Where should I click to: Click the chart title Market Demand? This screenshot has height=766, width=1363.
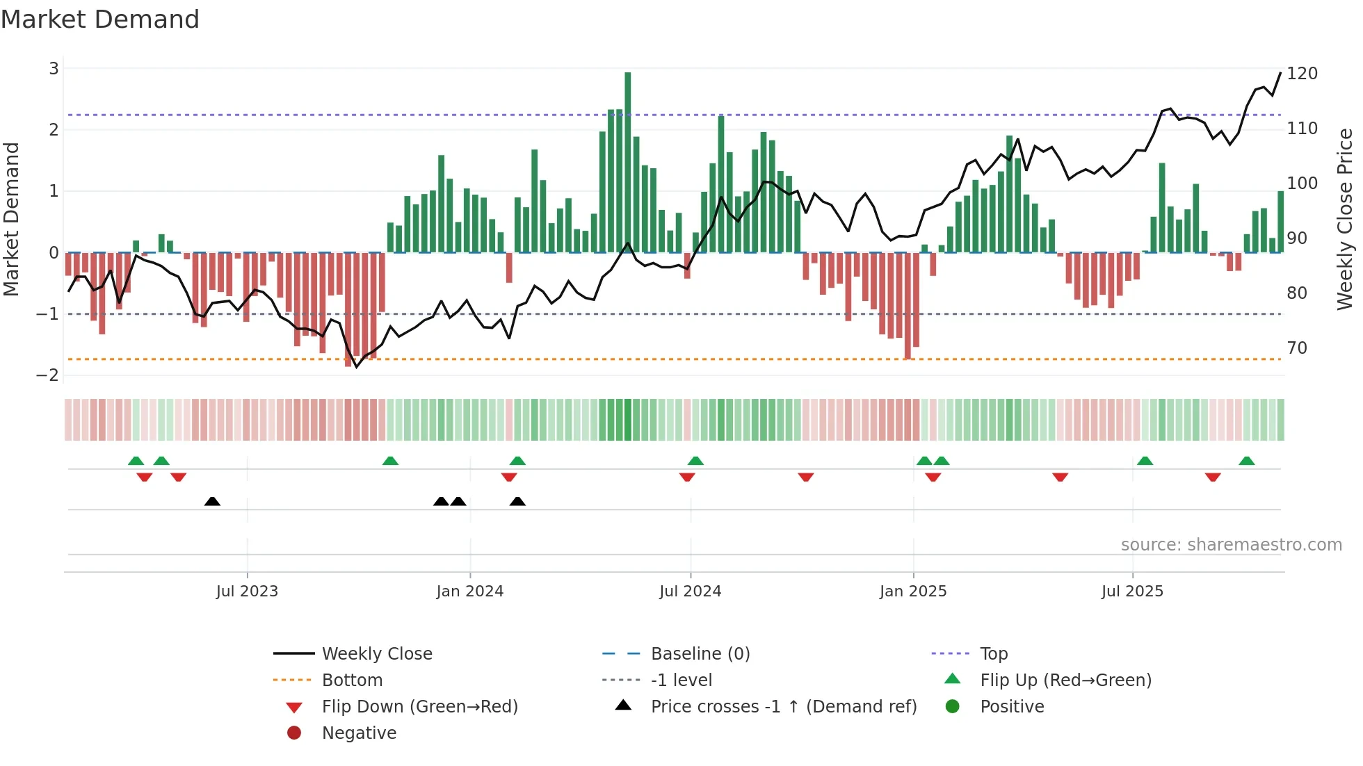(x=100, y=19)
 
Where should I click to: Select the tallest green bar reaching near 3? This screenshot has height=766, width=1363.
(x=627, y=162)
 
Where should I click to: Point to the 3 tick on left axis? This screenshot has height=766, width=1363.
(x=54, y=68)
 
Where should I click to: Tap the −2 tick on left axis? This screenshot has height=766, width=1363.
(x=48, y=375)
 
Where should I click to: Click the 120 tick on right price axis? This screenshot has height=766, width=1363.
(x=1302, y=74)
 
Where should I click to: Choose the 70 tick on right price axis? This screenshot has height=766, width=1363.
(x=1297, y=348)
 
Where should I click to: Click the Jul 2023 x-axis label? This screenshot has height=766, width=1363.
(x=247, y=592)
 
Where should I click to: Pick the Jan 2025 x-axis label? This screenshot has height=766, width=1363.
(x=912, y=592)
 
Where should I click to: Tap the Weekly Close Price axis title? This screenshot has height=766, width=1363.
(x=1345, y=219)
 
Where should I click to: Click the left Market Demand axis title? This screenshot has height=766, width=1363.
(x=11, y=219)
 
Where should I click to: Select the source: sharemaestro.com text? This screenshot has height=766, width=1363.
(x=1231, y=545)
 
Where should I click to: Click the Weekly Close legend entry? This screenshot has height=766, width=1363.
(x=376, y=654)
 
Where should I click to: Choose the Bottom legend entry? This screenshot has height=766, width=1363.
(x=352, y=681)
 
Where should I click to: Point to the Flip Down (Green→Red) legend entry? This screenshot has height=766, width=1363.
(x=419, y=707)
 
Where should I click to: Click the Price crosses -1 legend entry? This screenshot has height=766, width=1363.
(x=783, y=707)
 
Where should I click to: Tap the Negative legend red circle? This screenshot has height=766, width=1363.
(x=294, y=733)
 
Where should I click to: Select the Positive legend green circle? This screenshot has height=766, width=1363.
(x=953, y=707)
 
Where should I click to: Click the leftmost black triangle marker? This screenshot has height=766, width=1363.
(x=212, y=502)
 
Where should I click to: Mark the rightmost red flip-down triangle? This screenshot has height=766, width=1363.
(x=1213, y=477)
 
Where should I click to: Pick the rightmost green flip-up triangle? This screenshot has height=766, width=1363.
(x=1246, y=461)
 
